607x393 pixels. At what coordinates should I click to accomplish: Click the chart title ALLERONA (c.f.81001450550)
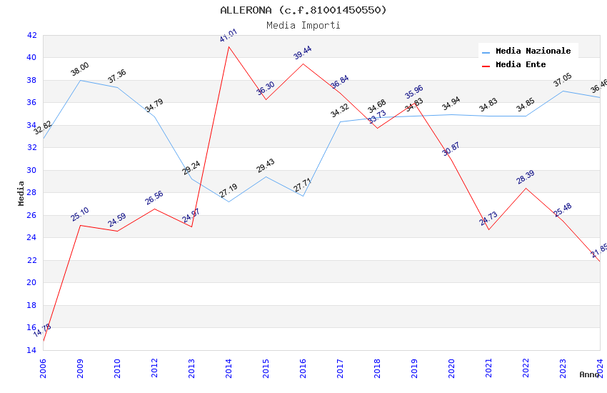[x=303, y=10]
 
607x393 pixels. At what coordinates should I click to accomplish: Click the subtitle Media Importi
[x=303, y=25]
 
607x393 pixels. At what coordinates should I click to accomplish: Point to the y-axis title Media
[x=21, y=193]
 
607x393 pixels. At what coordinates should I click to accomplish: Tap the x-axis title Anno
[x=589, y=374]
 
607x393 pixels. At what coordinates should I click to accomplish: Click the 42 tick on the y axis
[x=31, y=35]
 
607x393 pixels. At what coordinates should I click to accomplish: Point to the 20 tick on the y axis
[x=31, y=282]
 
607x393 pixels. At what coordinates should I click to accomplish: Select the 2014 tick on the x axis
[x=229, y=366]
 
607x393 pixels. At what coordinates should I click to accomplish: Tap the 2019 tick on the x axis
[x=414, y=366]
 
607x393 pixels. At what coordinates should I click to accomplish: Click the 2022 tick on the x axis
[x=526, y=366]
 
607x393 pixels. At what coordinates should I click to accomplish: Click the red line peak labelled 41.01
[x=229, y=46]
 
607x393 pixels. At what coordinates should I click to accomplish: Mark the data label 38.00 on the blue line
[x=80, y=69]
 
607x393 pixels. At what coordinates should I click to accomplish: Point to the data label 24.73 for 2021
[x=488, y=219]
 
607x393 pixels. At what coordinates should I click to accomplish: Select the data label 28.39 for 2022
[x=526, y=177]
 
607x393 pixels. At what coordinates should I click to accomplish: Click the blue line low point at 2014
[x=229, y=202]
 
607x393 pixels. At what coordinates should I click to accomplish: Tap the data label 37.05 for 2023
[x=563, y=80]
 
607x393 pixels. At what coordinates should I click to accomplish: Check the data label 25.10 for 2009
[x=80, y=214]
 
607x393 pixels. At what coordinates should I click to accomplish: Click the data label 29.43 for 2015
[x=266, y=166]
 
